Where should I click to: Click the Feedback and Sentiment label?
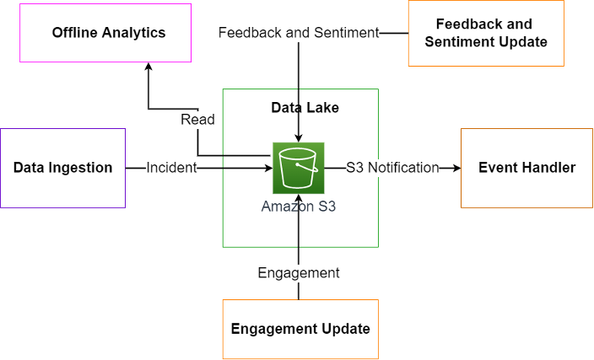point(299,33)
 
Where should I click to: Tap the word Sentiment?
point(345,33)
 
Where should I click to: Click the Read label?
point(197,120)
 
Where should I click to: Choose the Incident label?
point(171,168)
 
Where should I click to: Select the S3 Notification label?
point(392,168)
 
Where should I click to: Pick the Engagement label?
point(299,272)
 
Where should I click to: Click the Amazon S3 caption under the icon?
point(298,207)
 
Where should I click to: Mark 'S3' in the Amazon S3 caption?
point(325,207)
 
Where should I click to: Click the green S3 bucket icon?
point(299,168)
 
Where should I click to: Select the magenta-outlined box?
point(105,33)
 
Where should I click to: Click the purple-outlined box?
point(62,168)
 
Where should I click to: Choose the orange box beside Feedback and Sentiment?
point(486,33)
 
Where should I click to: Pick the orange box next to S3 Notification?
point(526,168)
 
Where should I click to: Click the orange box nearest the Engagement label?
point(300,329)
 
